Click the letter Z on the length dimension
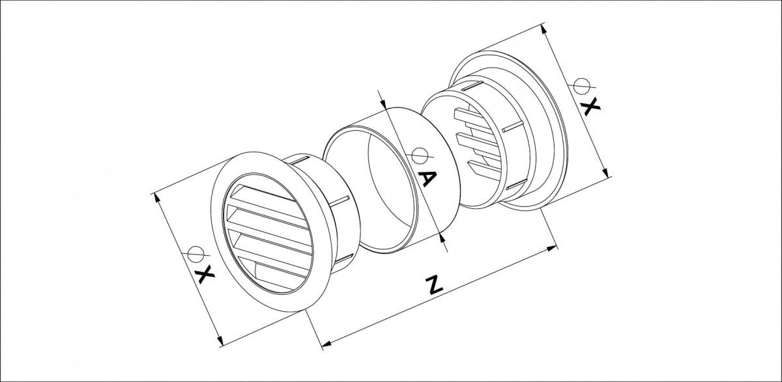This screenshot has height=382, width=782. pos(431,284)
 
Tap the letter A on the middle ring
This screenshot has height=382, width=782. pos(424,178)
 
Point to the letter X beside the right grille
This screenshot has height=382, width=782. pos(590,107)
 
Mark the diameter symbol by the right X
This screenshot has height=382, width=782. pos(581,85)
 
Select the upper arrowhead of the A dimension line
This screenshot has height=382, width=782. pos(384,106)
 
